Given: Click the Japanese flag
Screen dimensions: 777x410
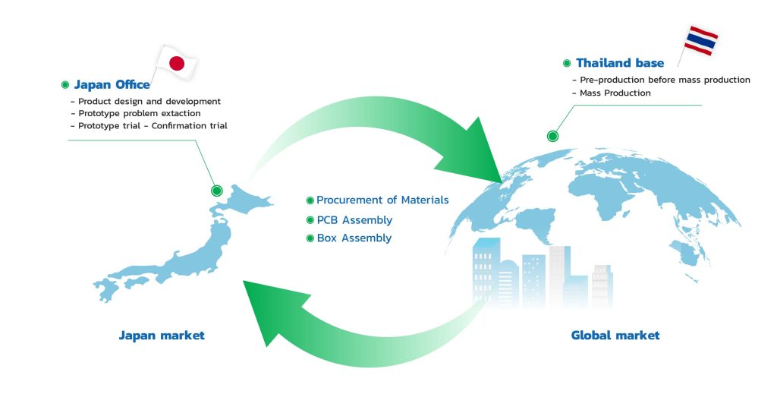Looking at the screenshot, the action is [176, 63].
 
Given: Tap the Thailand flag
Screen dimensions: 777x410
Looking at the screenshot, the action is [700, 41].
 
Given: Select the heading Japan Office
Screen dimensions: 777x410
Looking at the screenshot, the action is [112, 85].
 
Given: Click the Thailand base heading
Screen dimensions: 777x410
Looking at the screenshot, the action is [620, 63].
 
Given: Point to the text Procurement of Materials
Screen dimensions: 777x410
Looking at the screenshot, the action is [382, 200].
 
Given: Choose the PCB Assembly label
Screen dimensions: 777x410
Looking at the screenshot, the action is [354, 220].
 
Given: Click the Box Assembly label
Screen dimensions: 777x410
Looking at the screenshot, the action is [354, 238].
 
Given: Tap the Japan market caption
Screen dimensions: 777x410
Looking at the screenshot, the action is [162, 336].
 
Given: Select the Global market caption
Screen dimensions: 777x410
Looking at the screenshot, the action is [615, 336].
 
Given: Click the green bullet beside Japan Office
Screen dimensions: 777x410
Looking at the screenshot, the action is [65, 85].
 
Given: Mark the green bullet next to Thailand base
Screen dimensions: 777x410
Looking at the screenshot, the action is [567, 63].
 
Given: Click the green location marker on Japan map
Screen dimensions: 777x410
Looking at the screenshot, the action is [216, 191].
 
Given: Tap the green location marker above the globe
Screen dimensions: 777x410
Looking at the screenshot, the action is [552, 136].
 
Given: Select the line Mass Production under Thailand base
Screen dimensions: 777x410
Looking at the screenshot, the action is [615, 93].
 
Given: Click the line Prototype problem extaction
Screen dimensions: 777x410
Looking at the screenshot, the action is [140, 114].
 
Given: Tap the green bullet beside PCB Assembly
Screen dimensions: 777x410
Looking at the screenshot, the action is [310, 220].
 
